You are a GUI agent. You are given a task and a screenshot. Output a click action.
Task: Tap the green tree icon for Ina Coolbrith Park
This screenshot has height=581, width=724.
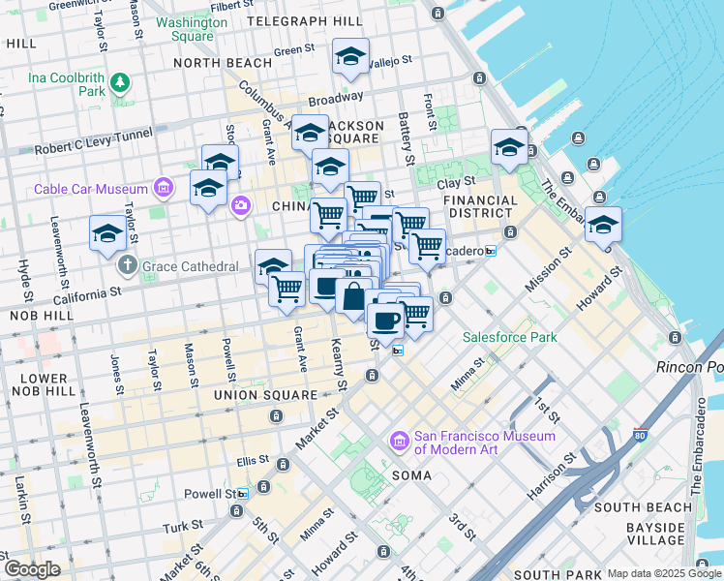(x=120, y=83)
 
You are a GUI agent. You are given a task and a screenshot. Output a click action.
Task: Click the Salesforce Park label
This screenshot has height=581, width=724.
(x=509, y=337)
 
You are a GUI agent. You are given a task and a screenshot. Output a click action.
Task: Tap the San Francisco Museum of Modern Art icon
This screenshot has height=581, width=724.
(x=397, y=443)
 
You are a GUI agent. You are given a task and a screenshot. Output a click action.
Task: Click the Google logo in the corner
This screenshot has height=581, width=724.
(x=32, y=569)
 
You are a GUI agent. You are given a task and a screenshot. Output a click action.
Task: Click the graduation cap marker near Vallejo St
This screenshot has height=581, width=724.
(x=350, y=57)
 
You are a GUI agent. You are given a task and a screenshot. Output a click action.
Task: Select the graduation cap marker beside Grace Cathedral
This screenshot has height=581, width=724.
(x=107, y=232)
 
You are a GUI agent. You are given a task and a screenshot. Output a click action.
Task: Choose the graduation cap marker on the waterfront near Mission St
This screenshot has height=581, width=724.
(x=603, y=225)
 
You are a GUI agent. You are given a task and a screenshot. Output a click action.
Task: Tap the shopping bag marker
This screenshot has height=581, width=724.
(x=353, y=297)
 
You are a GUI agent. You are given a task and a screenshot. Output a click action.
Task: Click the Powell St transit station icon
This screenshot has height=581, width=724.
(x=242, y=493)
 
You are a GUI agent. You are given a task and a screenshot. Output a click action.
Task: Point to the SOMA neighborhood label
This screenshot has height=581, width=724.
(x=417, y=475)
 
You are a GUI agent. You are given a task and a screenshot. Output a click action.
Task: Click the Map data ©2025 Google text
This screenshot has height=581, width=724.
(x=664, y=573)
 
